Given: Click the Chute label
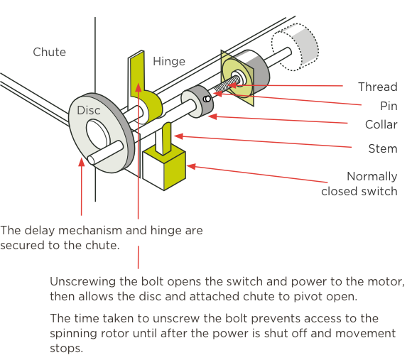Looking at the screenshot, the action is click(x=50, y=52).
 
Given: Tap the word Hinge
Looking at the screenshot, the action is click(x=169, y=62).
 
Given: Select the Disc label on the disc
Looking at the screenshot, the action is click(x=89, y=110).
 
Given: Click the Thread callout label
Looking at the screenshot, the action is click(x=378, y=87).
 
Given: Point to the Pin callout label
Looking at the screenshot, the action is click(x=389, y=106).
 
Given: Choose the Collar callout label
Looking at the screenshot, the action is click(x=381, y=124).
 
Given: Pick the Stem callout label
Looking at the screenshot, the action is click(x=383, y=148).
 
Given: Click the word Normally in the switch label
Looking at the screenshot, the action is click(x=372, y=177).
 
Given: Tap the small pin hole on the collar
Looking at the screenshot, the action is click(x=207, y=99).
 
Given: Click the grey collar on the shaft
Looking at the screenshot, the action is click(x=197, y=102).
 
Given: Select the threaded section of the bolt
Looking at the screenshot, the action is click(x=227, y=85).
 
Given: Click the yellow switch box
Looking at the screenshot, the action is click(x=164, y=168).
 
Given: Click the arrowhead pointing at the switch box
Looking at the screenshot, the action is click(x=191, y=166).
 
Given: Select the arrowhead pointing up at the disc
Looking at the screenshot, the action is click(x=82, y=162).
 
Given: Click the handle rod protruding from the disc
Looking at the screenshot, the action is click(x=105, y=152).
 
